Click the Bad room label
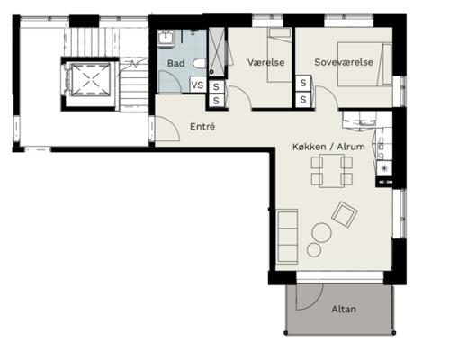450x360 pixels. click(175, 63)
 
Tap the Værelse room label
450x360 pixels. click(266, 62)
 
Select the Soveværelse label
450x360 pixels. click(344, 62)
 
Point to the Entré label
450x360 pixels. click(202, 127)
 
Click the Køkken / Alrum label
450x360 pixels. click(328, 147)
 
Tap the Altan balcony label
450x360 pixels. click(344, 309)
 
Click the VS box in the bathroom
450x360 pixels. click(197, 85)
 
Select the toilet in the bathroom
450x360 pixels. click(200, 64)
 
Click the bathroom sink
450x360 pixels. click(166, 39)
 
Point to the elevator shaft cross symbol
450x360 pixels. click(91, 80)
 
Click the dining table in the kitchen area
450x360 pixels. click(332, 171)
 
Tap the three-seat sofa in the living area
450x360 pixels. click(288, 237)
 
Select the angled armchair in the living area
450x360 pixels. click(345, 214)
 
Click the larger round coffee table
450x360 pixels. click(321, 233)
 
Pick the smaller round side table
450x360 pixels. click(314, 250)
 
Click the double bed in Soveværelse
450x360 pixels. click(364, 64)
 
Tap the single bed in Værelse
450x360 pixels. click(280, 55)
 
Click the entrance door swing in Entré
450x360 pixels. click(167, 129)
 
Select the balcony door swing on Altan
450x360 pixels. click(310, 296)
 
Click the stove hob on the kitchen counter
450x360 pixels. click(384, 168)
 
